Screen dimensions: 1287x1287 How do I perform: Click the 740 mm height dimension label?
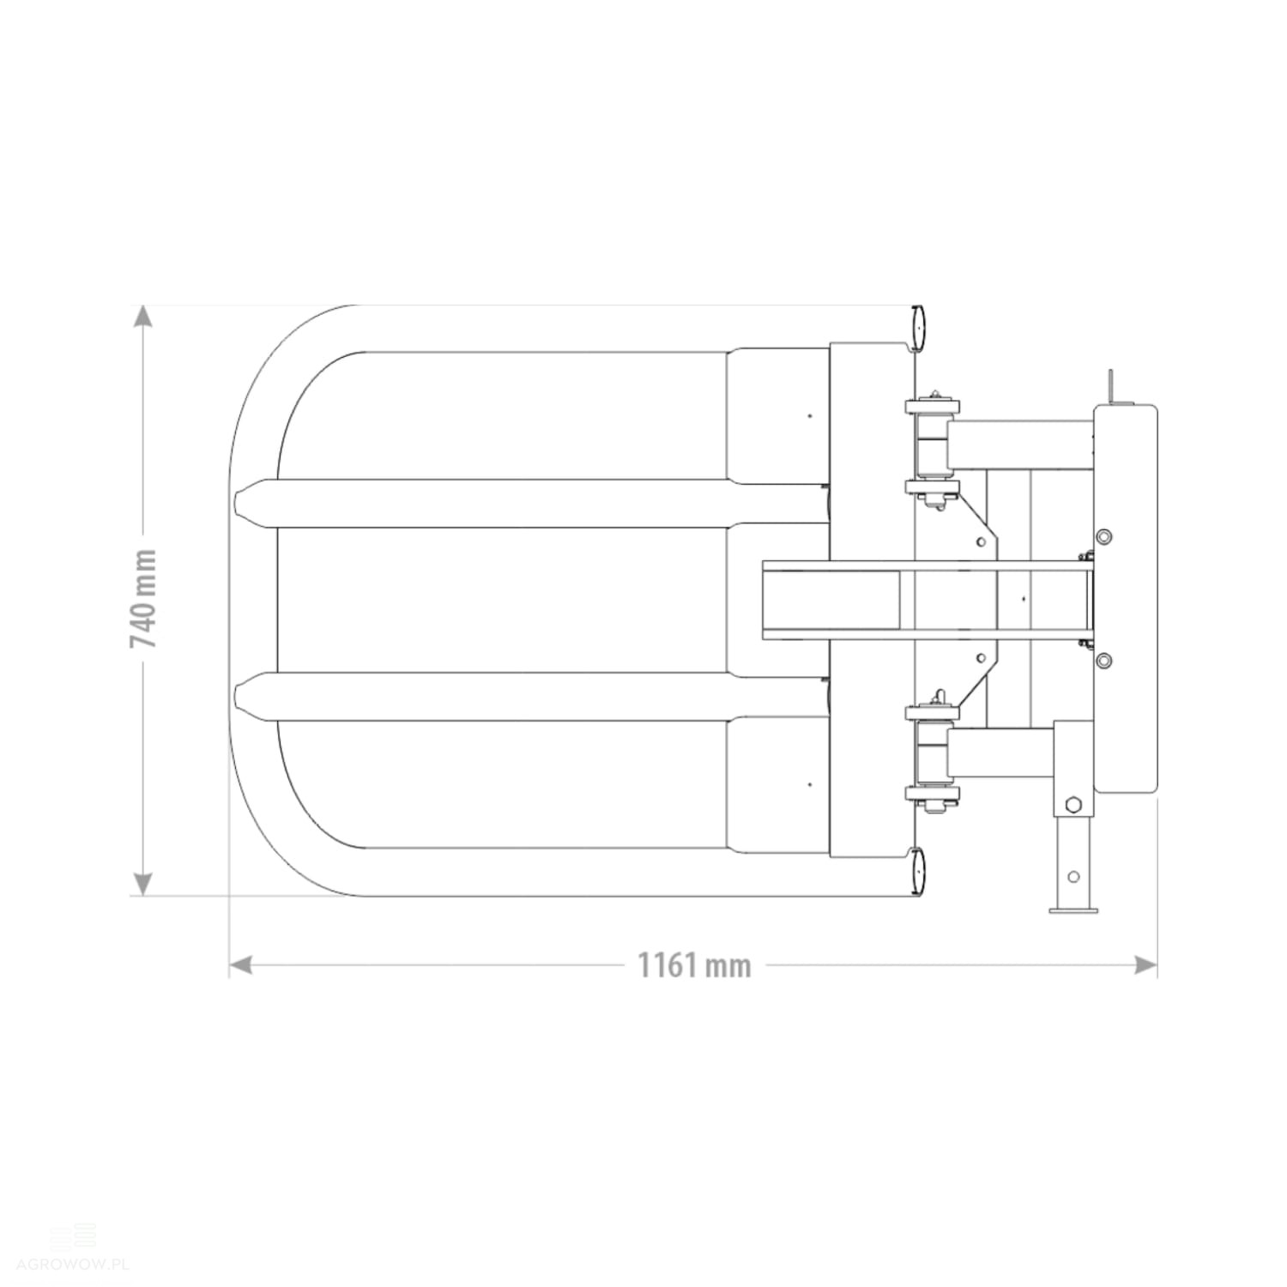tap(143, 599)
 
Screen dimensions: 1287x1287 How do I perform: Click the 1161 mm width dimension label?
tap(693, 965)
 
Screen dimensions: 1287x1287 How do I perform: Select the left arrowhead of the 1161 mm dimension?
tap(241, 965)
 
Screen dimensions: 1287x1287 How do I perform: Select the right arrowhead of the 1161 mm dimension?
tap(1145, 965)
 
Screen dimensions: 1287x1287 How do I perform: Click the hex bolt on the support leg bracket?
tap(1072, 805)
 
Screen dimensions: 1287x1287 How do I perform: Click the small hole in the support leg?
tap(1072, 876)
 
